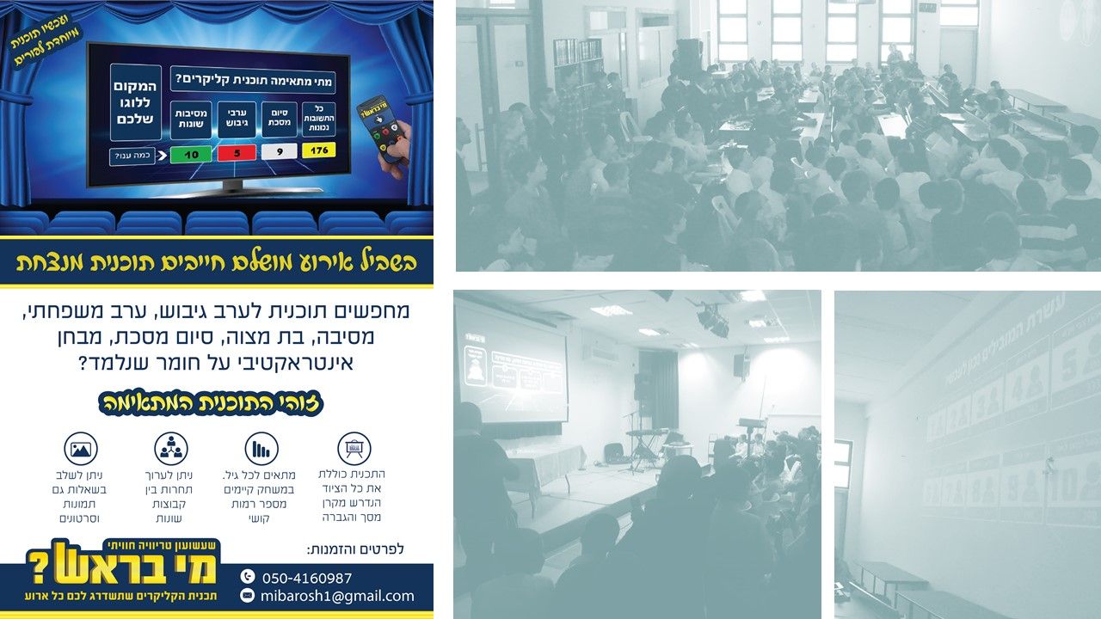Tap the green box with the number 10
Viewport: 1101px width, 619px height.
(192, 156)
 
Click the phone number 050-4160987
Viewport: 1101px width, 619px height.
(307, 578)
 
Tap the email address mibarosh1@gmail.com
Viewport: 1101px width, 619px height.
(338, 596)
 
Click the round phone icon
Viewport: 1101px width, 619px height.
(248, 577)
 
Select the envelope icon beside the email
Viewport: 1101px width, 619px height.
(248, 596)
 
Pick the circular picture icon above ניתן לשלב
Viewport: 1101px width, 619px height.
(82, 449)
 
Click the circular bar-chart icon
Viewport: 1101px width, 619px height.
(261, 449)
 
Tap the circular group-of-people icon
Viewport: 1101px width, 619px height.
(171, 449)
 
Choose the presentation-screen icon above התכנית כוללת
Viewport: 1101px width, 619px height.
(354, 449)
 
